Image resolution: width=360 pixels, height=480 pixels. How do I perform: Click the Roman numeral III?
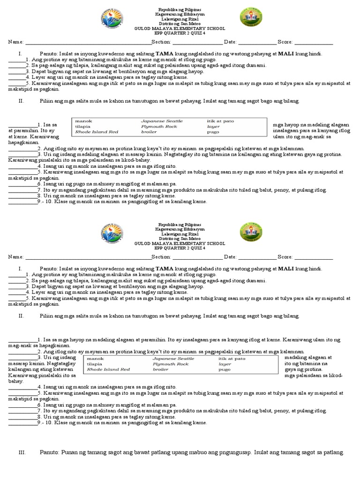21,452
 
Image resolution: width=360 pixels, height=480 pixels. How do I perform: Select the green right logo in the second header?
251,232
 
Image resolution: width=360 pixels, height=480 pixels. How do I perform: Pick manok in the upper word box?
83,121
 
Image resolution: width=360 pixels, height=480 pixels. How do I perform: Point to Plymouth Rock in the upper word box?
158,127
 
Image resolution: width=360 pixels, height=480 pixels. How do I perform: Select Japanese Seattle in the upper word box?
162,121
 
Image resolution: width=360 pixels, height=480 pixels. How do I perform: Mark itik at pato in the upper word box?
220,121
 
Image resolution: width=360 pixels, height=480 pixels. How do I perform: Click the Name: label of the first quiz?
15,42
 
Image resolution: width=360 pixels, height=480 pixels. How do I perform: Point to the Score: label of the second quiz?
285,257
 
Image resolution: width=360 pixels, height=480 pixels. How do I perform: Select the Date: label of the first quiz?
230,42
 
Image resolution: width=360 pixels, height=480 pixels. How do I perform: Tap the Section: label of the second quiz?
162,257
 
